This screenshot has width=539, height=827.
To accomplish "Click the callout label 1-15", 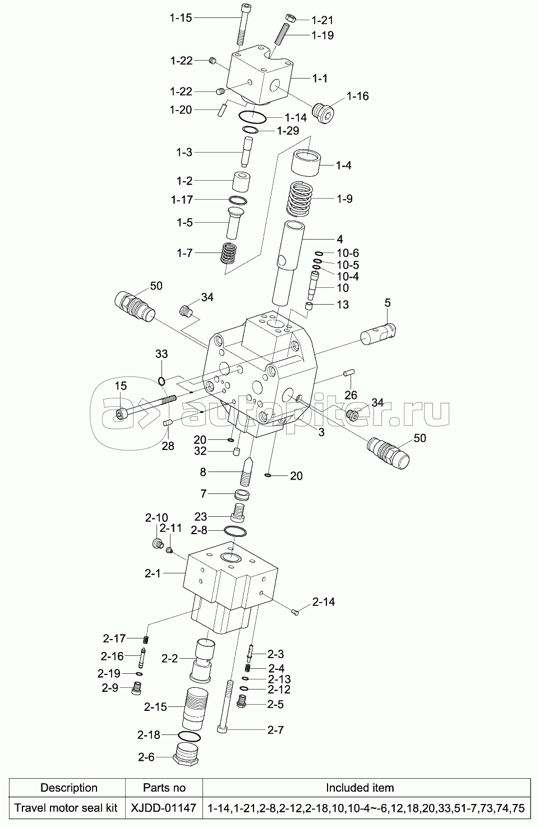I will (x=181, y=18).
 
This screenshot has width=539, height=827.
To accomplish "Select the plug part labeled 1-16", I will (x=324, y=113).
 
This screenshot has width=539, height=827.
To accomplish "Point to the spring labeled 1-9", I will (x=301, y=200).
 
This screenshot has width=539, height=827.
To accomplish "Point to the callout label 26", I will (x=351, y=395).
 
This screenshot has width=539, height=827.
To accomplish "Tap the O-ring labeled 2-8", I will (x=235, y=531).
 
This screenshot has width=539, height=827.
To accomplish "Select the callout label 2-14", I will (x=324, y=602).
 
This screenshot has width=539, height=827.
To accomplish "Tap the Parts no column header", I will (x=164, y=788).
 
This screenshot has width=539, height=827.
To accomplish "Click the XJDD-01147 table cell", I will (x=164, y=808).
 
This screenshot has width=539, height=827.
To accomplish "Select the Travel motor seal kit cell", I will (x=66, y=808).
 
